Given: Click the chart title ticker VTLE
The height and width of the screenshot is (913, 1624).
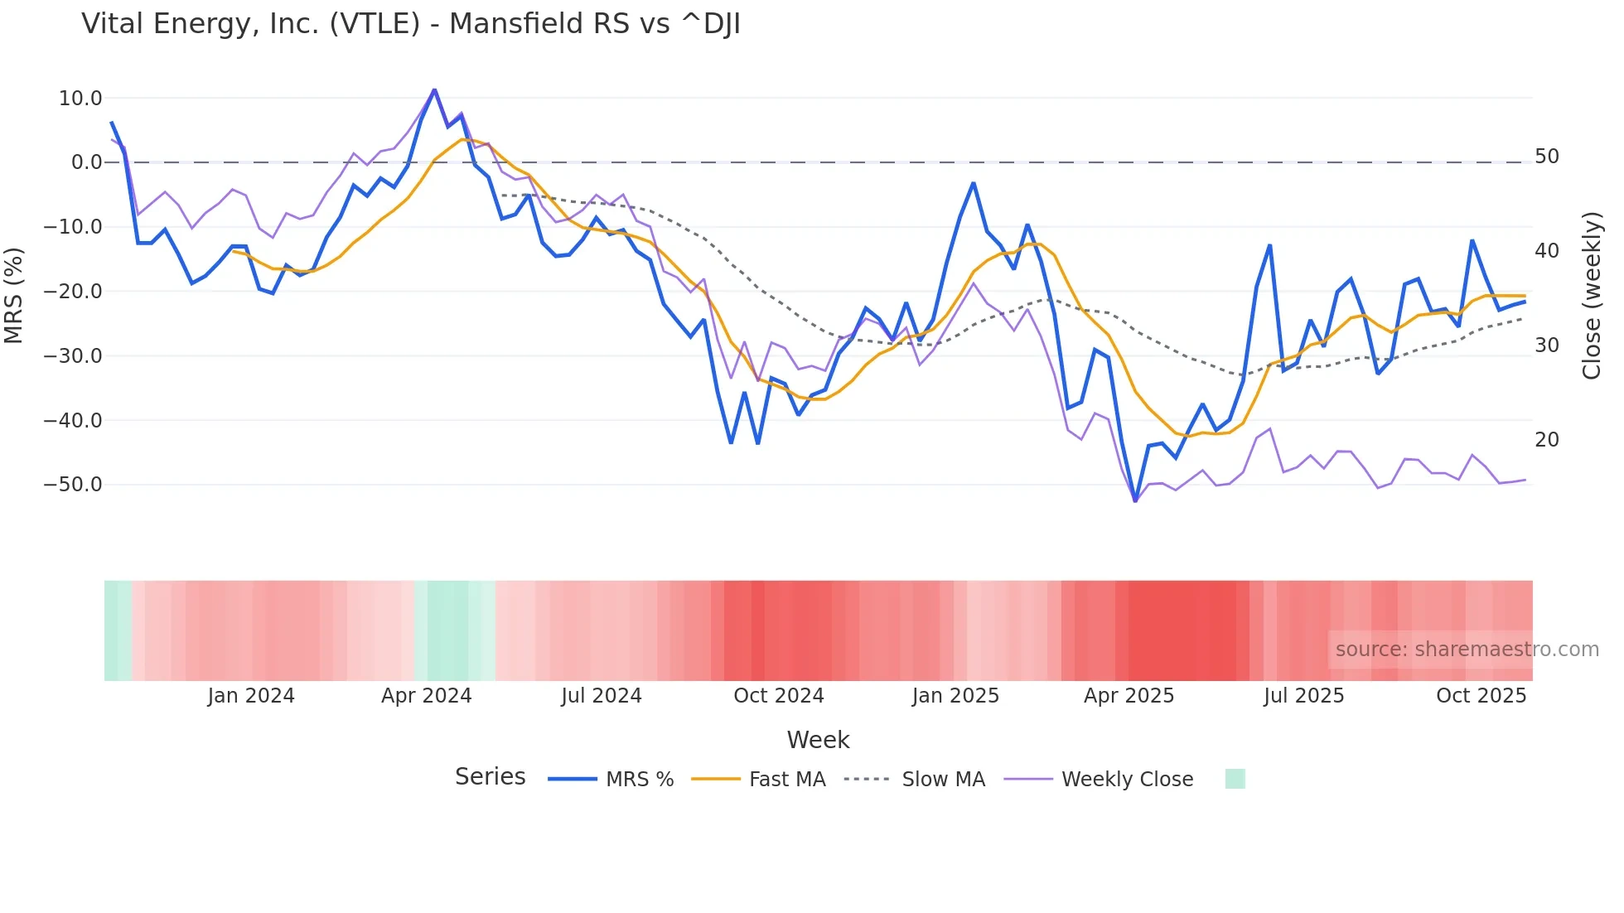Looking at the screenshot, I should [375, 24].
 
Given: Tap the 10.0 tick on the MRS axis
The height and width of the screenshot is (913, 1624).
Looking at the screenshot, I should [80, 99].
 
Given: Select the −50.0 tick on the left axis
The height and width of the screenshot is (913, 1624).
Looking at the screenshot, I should [73, 485].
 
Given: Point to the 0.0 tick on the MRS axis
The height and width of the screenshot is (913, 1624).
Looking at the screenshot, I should [86, 162].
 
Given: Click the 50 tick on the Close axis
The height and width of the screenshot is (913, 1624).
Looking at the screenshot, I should [1546, 157].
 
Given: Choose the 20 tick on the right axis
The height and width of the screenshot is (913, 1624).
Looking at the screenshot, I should [1546, 440].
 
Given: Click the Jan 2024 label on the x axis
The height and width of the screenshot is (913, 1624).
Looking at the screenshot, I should [251, 696].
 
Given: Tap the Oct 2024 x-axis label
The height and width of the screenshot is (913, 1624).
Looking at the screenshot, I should [778, 696].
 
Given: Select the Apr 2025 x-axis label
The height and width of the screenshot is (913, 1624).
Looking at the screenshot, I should [1129, 696].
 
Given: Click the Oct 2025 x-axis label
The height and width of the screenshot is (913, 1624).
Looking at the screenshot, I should [1481, 696].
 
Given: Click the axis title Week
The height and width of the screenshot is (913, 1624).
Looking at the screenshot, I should [818, 740].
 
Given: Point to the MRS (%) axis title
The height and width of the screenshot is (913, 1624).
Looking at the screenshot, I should [14, 295].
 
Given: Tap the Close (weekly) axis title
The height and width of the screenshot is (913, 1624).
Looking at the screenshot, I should [1591, 296].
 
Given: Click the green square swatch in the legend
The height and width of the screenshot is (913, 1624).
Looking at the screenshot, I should [1235, 779].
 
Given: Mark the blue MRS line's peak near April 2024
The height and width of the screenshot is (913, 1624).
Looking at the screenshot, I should [434, 89].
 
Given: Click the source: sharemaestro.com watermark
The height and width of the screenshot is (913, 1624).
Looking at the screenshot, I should [1467, 650].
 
